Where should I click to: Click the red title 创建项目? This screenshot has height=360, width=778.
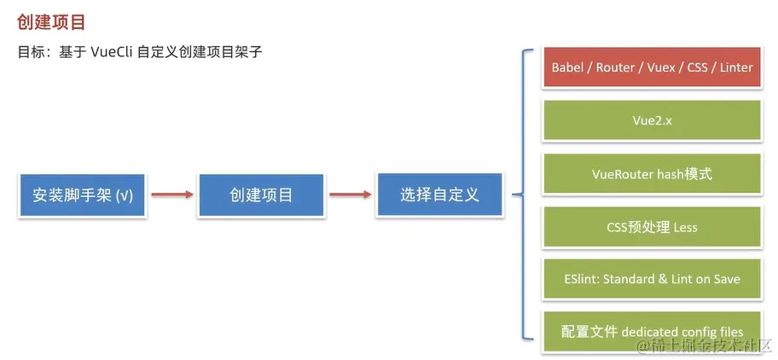(x=51, y=21)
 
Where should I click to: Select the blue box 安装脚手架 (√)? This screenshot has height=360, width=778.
(x=83, y=195)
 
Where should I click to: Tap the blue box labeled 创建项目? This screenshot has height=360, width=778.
(x=261, y=195)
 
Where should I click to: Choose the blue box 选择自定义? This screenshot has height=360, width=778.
(x=439, y=195)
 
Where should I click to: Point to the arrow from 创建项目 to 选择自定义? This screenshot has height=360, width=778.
(x=350, y=195)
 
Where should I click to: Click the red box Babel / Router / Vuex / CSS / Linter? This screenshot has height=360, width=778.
(x=653, y=67)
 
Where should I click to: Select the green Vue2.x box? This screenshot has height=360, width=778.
(x=653, y=120)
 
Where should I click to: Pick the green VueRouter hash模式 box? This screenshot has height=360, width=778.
(x=653, y=174)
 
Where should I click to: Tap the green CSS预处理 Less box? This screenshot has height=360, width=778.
(x=653, y=227)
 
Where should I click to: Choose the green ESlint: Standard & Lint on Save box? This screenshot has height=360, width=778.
(x=653, y=279)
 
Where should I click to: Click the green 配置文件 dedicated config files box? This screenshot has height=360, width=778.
(x=653, y=332)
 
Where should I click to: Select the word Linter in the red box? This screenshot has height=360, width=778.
(x=735, y=67)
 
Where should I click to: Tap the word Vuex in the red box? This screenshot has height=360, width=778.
(x=662, y=67)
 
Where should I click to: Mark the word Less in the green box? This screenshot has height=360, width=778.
(x=685, y=227)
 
